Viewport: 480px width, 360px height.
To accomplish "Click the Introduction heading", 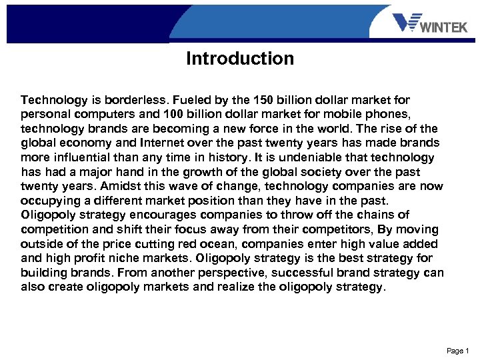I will (x=240, y=59).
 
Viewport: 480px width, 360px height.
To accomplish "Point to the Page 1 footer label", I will (x=459, y=351).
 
